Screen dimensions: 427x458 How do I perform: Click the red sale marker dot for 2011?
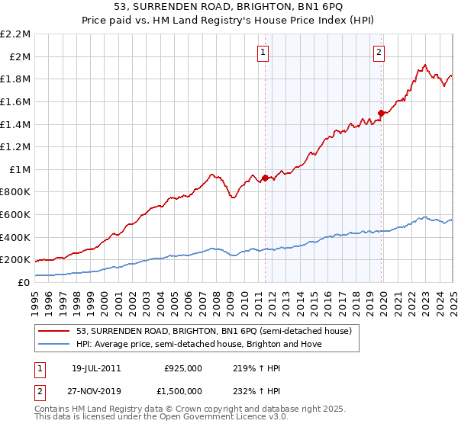coord(265,178)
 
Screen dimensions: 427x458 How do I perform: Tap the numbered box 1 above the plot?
coord(263,53)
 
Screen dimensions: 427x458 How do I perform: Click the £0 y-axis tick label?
coord(24,282)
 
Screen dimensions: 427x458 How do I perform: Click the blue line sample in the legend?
coord(54,344)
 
